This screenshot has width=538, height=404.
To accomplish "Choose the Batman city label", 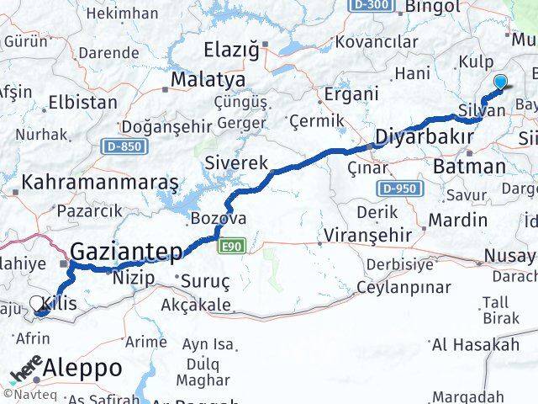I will [468, 166].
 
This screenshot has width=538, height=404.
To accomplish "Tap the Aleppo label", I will [82, 368].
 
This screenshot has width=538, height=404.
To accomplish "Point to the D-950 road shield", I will [397, 188].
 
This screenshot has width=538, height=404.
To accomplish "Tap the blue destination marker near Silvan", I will [501, 82].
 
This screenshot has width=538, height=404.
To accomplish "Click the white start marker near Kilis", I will [37, 303].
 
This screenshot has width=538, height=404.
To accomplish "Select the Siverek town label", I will [237, 161].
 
